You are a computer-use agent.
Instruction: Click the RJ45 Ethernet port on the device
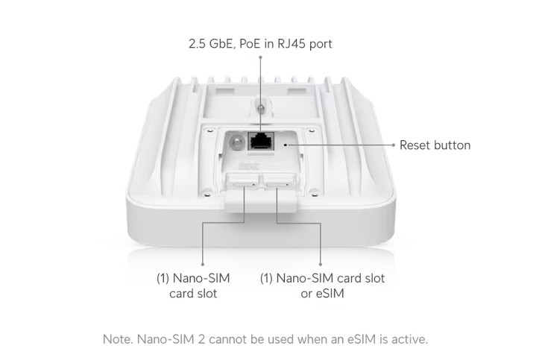pos(261,139)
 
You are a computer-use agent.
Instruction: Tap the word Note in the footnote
pos(116,339)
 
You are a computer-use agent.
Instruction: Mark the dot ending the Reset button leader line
pos(393,145)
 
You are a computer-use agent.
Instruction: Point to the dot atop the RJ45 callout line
pos(260,57)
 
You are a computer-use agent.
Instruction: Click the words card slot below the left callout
pos(192,294)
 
